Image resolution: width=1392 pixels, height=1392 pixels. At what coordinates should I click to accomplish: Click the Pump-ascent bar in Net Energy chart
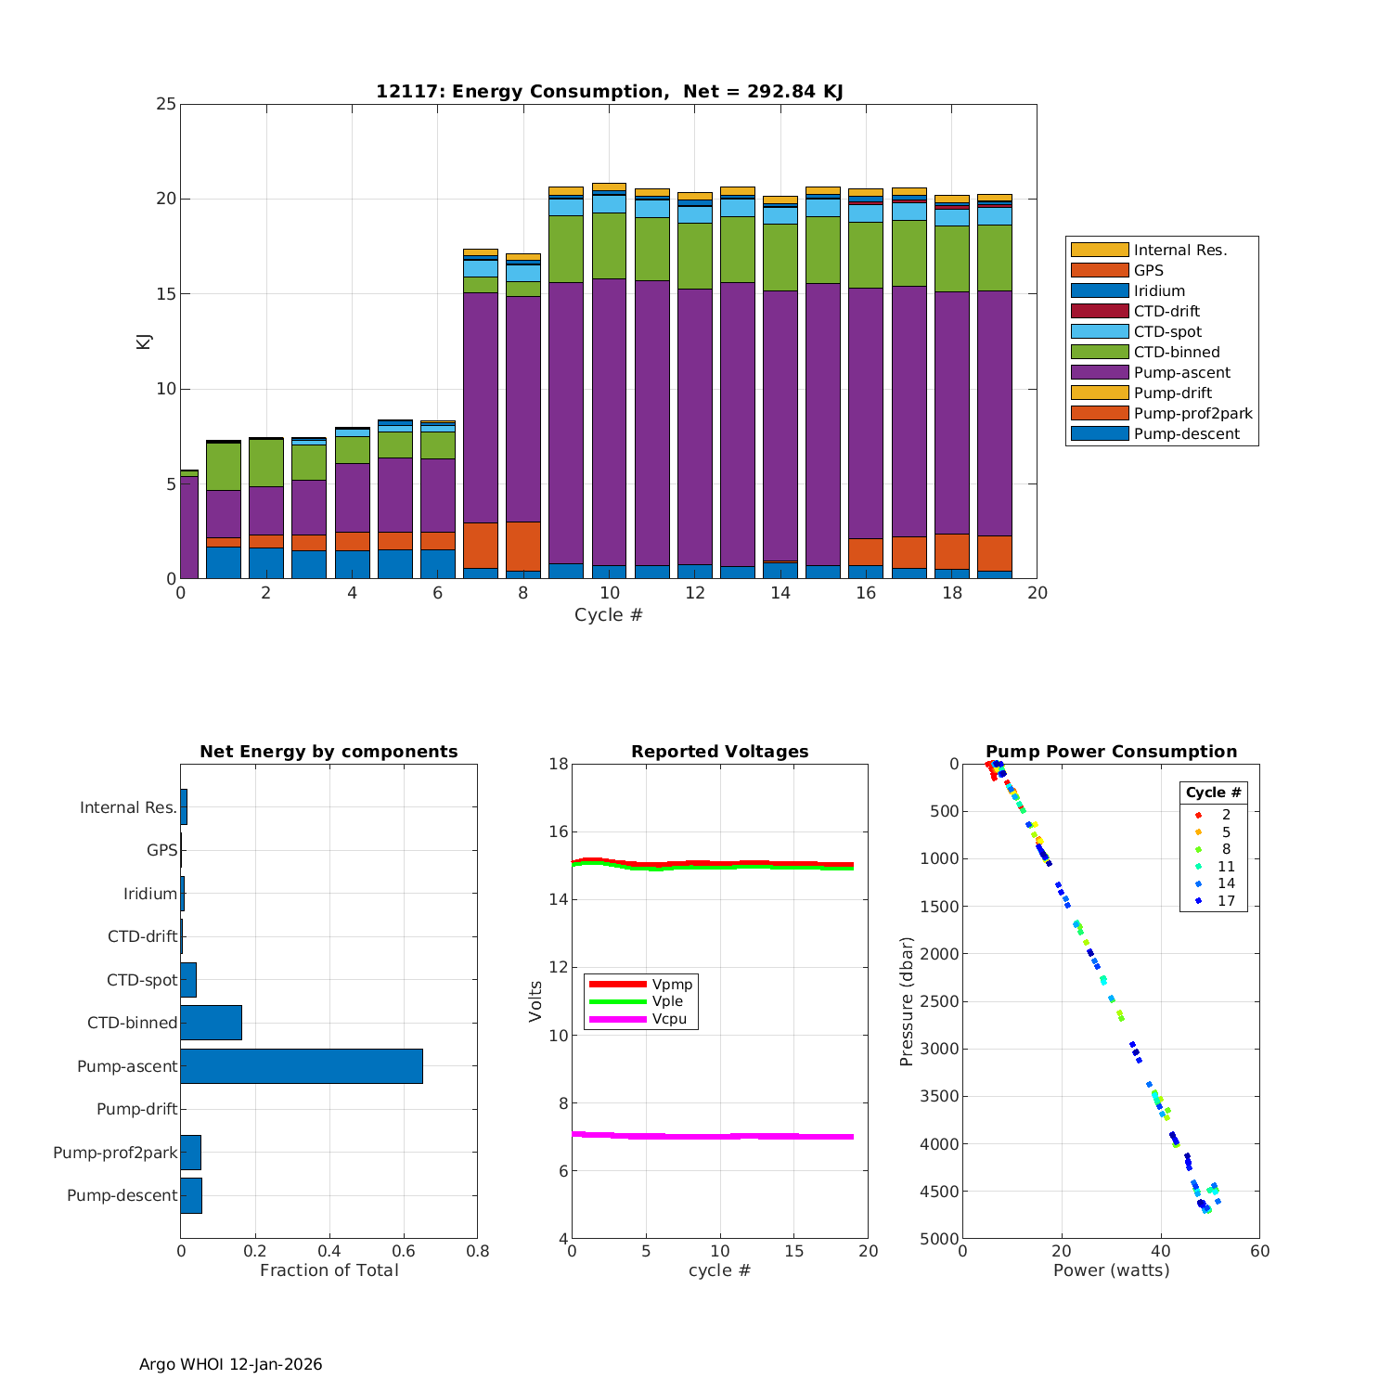(x=302, y=1066)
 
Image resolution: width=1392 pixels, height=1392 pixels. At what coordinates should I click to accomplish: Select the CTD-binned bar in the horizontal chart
(x=212, y=1023)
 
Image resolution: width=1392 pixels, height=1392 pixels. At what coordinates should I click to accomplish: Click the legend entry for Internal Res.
(x=1179, y=251)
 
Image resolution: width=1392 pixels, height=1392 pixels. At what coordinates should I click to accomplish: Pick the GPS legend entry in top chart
(x=1148, y=271)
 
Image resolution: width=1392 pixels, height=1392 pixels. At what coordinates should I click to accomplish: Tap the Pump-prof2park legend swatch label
(x=1192, y=414)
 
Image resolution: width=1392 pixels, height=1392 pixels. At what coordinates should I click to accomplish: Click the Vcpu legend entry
(x=669, y=1019)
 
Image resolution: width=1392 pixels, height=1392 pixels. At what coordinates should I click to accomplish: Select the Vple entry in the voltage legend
(x=667, y=1001)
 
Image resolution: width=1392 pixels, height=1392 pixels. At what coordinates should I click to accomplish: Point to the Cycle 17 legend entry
(x=1226, y=901)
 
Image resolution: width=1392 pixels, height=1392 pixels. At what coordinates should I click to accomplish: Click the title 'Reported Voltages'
(x=719, y=752)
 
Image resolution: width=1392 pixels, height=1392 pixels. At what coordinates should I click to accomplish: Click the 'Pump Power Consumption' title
(x=1111, y=752)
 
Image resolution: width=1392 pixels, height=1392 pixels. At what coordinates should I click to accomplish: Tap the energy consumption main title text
(x=609, y=91)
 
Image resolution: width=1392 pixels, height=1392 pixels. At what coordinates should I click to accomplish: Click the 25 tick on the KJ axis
(x=166, y=104)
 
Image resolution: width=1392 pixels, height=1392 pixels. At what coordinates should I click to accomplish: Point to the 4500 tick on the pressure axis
(x=941, y=1192)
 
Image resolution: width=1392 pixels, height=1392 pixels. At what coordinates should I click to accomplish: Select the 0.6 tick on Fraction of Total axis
(x=404, y=1251)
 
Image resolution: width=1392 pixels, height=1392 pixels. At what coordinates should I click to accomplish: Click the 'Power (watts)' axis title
(x=1111, y=1270)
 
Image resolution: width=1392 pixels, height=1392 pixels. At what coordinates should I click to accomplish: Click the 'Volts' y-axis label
(x=535, y=1001)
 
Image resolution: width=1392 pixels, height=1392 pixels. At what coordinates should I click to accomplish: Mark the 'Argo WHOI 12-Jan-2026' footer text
(x=230, y=1364)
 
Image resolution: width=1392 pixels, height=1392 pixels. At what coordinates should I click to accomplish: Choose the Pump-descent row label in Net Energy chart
(x=122, y=1195)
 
